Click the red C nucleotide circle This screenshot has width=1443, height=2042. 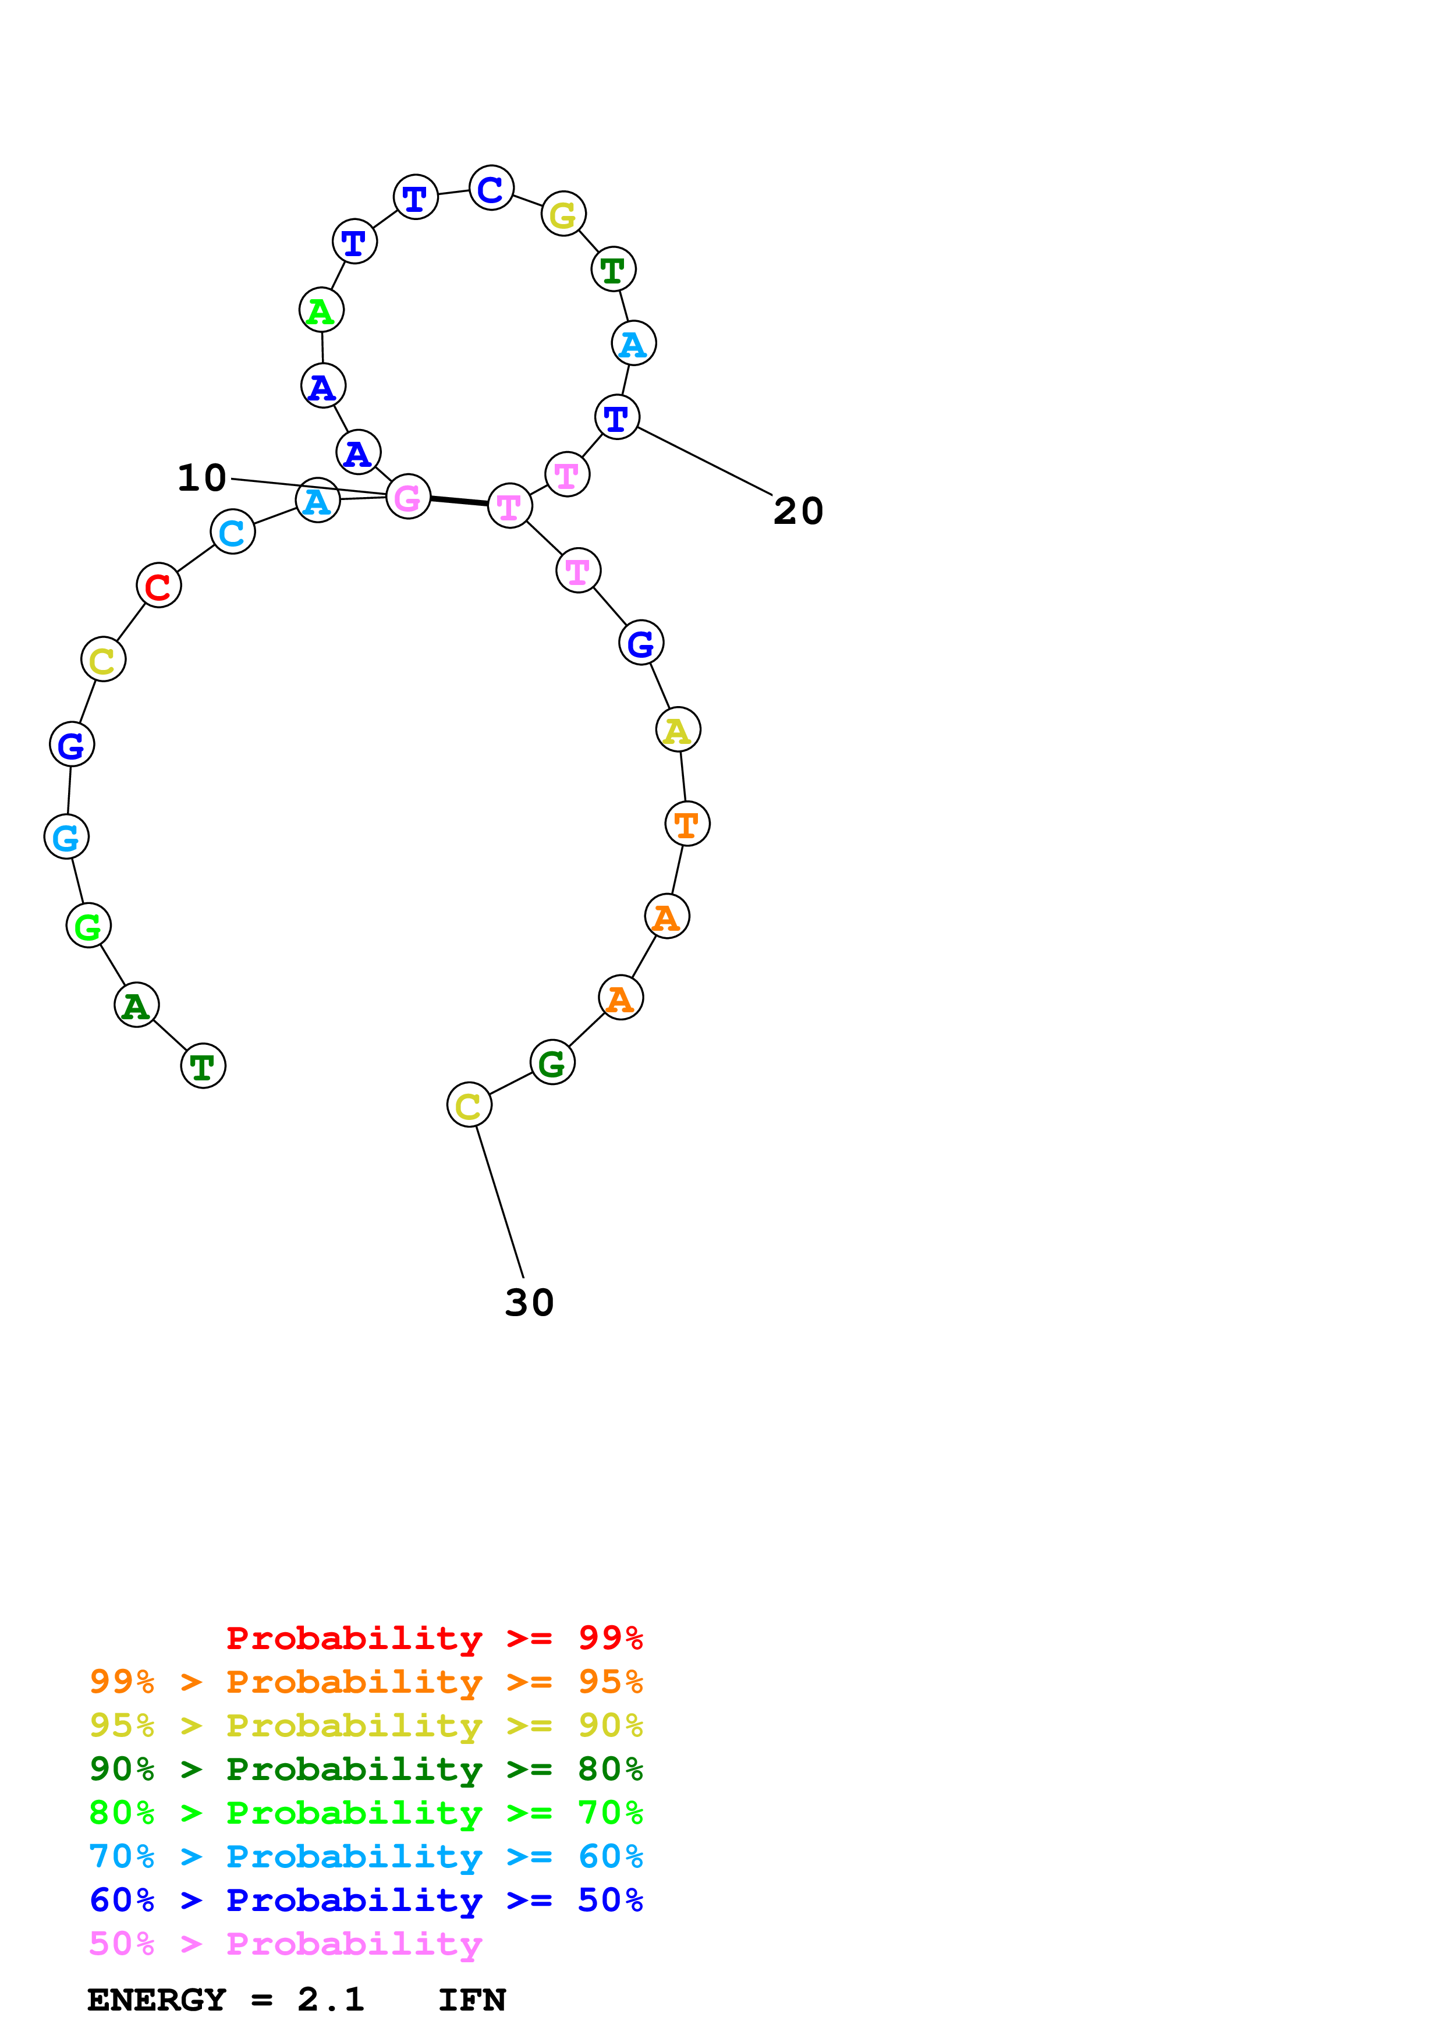(158, 585)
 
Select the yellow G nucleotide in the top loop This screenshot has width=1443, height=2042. (563, 214)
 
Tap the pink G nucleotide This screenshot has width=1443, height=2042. (408, 497)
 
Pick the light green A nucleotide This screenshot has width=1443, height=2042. (321, 310)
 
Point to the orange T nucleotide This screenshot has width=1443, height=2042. (687, 824)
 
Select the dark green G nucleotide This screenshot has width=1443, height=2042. (552, 1062)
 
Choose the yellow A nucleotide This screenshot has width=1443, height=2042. (678, 729)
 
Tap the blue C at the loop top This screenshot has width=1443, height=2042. (491, 189)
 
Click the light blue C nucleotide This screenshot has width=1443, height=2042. (233, 532)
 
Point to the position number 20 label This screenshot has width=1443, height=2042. (799, 512)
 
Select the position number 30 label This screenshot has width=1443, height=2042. (529, 1302)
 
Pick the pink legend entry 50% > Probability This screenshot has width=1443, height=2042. (285, 1943)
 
